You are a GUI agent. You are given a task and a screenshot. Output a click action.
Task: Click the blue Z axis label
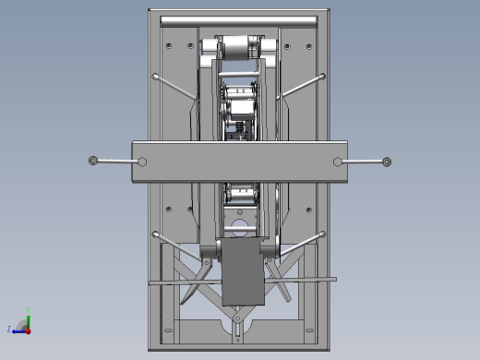pyautogui.click(x=9, y=329)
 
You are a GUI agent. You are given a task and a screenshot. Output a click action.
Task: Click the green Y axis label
pyautogui.click(x=29, y=311)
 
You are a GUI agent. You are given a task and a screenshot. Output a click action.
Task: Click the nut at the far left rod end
pyautogui.click(x=93, y=162)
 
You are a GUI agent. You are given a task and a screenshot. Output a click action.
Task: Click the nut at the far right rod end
pyautogui.click(x=387, y=162)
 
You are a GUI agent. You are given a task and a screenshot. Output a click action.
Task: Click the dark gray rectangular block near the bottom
pyautogui.click(x=242, y=273)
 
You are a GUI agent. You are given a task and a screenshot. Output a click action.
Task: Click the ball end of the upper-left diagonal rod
pyautogui.click(x=156, y=76)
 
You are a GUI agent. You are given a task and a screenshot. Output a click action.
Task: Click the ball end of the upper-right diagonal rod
pyautogui.click(x=322, y=77)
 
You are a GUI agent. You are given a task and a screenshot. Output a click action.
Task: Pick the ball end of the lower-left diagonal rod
pyautogui.click(x=156, y=234)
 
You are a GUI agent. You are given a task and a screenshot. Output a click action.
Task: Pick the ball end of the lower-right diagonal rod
pyautogui.click(x=322, y=234)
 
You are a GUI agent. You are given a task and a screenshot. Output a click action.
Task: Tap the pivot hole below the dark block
pyautogui.click(x=240, y=322)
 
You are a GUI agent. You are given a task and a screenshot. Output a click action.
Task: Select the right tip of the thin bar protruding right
pyautogui.click(x=334, y=278)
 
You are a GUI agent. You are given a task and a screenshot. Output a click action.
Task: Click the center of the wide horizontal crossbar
pyautogui.click(x=240, y=162)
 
